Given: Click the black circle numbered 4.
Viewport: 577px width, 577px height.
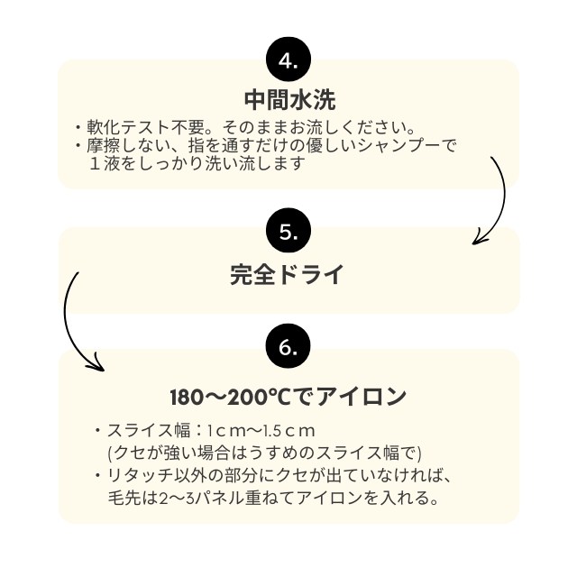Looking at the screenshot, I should [x=288, y=61].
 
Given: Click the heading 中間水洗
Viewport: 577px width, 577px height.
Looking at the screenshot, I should [x=288, y=97].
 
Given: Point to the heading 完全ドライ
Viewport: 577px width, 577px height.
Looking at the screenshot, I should [x=288, y=273].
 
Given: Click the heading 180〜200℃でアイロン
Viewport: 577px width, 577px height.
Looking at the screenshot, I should [x=288, y=397].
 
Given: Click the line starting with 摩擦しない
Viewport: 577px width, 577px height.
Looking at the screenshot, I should [x=270, y=145].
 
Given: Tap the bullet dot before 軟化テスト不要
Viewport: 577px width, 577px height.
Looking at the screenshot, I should [x=78, y=126].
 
